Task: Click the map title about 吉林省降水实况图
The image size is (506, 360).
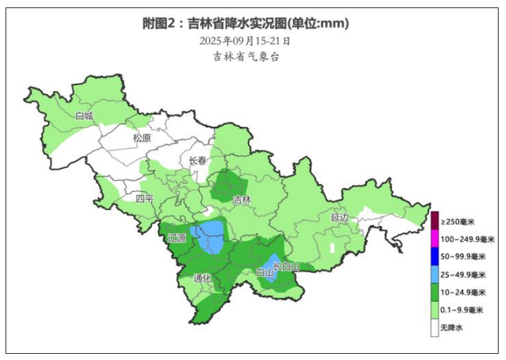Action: (x=246, y=24)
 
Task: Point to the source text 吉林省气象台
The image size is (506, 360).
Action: (x=246, y=57)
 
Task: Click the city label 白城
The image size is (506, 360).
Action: (x=84, y=116)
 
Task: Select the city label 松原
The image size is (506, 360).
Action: (x=142, y=138)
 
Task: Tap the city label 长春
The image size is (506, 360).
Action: (x=198, y=160)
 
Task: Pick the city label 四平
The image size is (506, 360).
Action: (x=144, y=199)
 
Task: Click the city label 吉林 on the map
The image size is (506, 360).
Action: (x=242, y=200)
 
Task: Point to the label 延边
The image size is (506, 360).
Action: (x=340, y=218)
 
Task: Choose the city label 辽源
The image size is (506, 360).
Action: (x=177, y=238)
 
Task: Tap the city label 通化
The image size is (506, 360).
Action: (x=202, y=278)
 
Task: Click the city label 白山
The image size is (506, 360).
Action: (x=264, y=272)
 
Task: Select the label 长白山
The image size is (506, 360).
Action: (x=287, y=267)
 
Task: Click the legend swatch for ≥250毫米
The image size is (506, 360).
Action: (x=435, y=221)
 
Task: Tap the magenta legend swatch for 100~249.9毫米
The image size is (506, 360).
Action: (x=435, y=239)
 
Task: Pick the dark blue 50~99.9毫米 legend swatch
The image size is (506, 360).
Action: (x=435, y=256)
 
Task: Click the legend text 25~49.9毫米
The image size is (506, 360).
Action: (x=463, y=274)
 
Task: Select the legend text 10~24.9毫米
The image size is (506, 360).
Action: (x=463, y=292)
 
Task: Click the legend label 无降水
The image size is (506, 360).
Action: (x=452, y=328)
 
